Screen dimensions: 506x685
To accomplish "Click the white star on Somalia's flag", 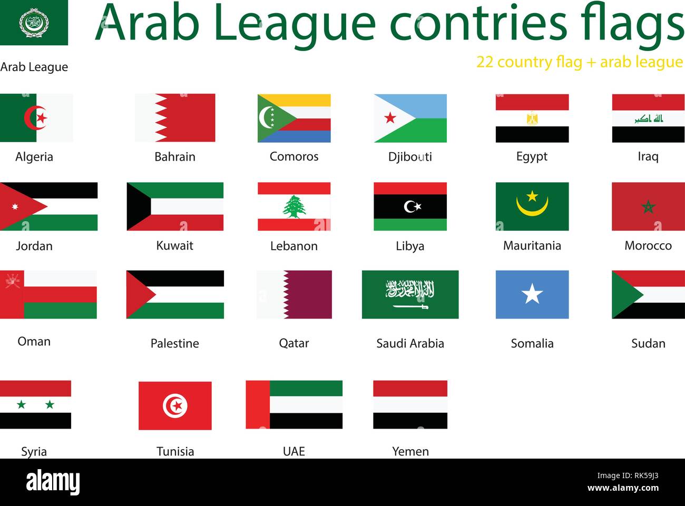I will (x=532, y=294).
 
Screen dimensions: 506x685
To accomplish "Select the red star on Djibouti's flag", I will (x=390, y=118).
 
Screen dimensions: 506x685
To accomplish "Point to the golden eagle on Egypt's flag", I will (x=532, y=118).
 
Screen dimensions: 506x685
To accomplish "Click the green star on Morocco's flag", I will (x=648, y=207).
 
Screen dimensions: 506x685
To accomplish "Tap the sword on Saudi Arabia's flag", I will (x=410, y=306).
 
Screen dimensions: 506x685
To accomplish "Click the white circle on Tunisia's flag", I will (x=175, y=406).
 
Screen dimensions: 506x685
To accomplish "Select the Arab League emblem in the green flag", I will (x=34, y=23).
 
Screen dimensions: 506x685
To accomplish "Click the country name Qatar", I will (x=293, y=343).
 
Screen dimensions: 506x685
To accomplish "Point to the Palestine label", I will (x=175, y=343).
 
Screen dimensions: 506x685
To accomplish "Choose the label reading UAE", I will (x=293, y=451).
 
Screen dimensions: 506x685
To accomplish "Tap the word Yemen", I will (x=410, y=451).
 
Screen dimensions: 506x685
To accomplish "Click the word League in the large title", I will (x=295, y=24).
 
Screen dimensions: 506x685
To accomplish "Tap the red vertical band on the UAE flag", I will (x=258, y=404).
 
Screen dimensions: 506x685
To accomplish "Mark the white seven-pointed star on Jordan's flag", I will (x=15, y=206).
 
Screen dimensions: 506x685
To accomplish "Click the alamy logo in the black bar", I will (x=53, y=482).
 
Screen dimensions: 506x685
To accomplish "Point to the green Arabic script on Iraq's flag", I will (x=649, y=119).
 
